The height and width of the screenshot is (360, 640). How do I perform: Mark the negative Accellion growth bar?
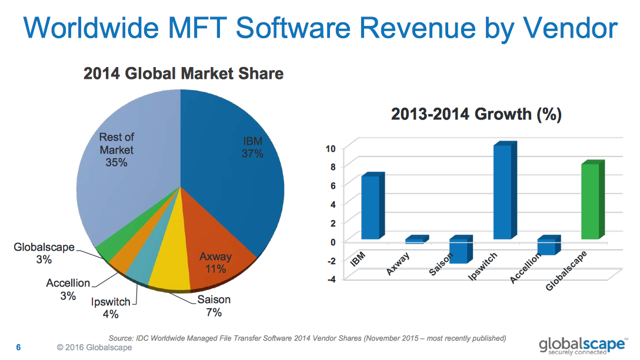coord(548,246)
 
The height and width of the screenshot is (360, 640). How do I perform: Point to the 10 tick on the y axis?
coord(331,148)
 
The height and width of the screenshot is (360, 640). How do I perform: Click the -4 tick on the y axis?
coord(331,279)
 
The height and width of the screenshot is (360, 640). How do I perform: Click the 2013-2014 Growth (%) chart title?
coord(476,114)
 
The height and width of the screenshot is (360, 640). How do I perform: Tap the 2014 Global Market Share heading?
coord(184,74)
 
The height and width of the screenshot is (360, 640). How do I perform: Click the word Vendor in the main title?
coord(570,28)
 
